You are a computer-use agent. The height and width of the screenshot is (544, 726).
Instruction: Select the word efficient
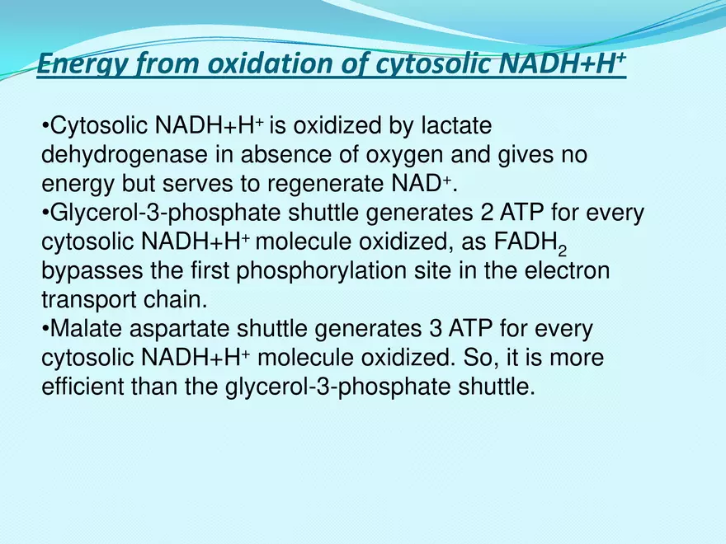82,386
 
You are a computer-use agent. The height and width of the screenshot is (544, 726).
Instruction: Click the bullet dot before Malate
45,330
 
